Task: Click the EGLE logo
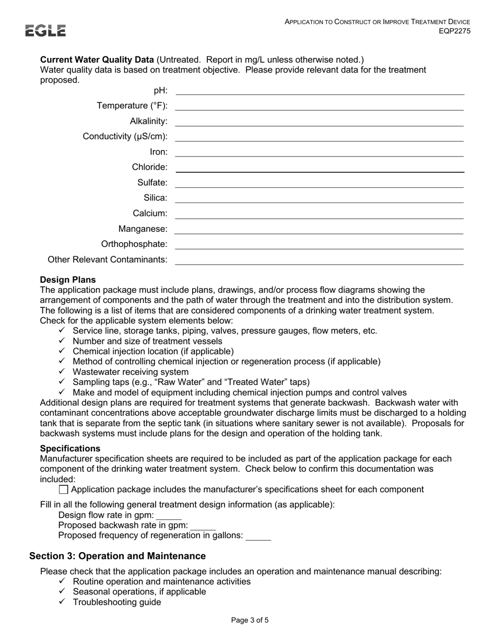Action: (46, 31)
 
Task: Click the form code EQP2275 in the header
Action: (454, 31)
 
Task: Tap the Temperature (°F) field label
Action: (132, 106)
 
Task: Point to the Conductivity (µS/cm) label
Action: (125, 137)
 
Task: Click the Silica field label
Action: (156, 198)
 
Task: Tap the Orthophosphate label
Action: (134, 244)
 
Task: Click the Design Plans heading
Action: (68, 280)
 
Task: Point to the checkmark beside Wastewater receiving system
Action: (62, 372)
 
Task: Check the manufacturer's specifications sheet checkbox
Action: (64, 490)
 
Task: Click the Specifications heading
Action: (70, 448)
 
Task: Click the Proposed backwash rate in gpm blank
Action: (203, 526)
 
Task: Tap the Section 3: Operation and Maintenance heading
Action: (117, 556)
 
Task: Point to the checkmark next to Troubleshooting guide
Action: (62, 602)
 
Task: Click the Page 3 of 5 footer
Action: (250, 621)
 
